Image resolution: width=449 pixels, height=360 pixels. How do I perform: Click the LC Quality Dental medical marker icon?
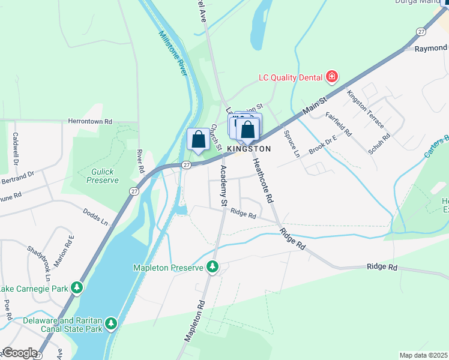(331, 77)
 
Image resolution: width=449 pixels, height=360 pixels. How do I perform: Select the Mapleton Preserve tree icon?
(212, 268)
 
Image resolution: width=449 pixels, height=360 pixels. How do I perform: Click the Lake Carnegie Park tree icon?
(77, 289)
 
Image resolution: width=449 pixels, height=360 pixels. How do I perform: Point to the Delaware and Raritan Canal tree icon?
(110, 325)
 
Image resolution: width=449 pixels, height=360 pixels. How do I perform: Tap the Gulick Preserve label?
(102, 176)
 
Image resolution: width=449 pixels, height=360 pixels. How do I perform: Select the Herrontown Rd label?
(90, 121)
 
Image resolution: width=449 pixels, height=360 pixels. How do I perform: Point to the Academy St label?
(223, 186)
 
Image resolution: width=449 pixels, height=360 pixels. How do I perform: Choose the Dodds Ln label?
(95, 218)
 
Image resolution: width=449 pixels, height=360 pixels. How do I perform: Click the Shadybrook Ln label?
(37, 263)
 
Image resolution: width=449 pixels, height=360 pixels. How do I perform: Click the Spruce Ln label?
(291, 143)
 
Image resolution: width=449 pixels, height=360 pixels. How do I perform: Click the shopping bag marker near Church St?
(198, 139)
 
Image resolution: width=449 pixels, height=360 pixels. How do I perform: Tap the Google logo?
(19, 353)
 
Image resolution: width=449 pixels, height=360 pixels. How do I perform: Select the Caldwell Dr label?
(16, 149)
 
